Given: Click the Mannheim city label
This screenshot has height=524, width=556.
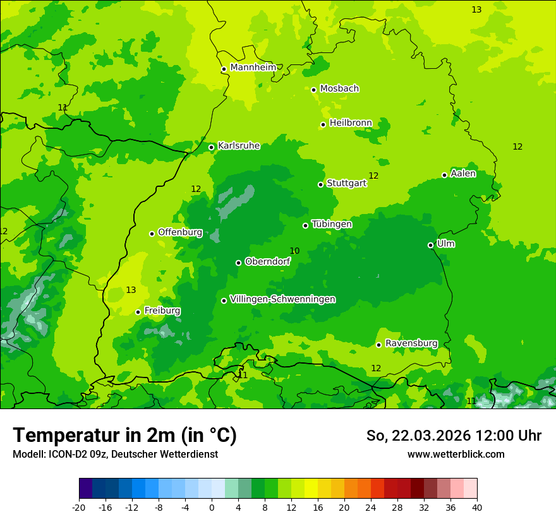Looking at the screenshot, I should [x=253, y=68].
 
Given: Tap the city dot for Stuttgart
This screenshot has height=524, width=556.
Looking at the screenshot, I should [x=320, y=184].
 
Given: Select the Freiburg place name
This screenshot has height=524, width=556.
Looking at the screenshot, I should [x=162, y=311].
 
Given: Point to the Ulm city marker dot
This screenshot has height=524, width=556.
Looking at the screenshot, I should [x=430, y=245].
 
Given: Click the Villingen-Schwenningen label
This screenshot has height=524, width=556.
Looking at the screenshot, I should [x=282, y=299].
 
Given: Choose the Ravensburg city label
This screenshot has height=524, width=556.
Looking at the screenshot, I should [x=411, y=343].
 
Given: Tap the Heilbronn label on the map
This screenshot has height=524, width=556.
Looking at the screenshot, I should [x=351, y=123].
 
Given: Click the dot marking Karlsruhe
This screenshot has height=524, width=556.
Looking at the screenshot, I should [x=211, y=147].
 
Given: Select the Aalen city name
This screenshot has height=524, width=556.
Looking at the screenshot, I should [x=463, y=174].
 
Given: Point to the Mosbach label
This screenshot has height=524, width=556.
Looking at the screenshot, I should [x=339, y=89].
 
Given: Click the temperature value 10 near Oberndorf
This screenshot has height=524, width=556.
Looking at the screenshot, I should [x=294, y=251].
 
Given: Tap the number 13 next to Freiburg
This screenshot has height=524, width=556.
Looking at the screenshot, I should [x=131, y=290].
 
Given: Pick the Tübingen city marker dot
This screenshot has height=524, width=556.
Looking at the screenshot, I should [x=305, y=225].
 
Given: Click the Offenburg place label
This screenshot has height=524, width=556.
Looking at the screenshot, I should [x=180, y=232].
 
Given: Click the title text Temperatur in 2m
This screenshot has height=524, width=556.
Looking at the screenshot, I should [x=124, y=436].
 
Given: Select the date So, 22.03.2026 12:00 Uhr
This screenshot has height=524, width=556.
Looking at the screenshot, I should [x=454, y=436].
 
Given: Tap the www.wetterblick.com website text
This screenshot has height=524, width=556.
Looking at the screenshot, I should [x=456, y=455].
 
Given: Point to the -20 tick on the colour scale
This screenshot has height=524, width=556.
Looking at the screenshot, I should [x=79, y=508].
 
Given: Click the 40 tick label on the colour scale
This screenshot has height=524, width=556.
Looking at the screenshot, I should [x=477, y=508].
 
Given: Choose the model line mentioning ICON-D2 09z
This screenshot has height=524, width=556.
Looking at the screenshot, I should [x=115, y=455].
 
